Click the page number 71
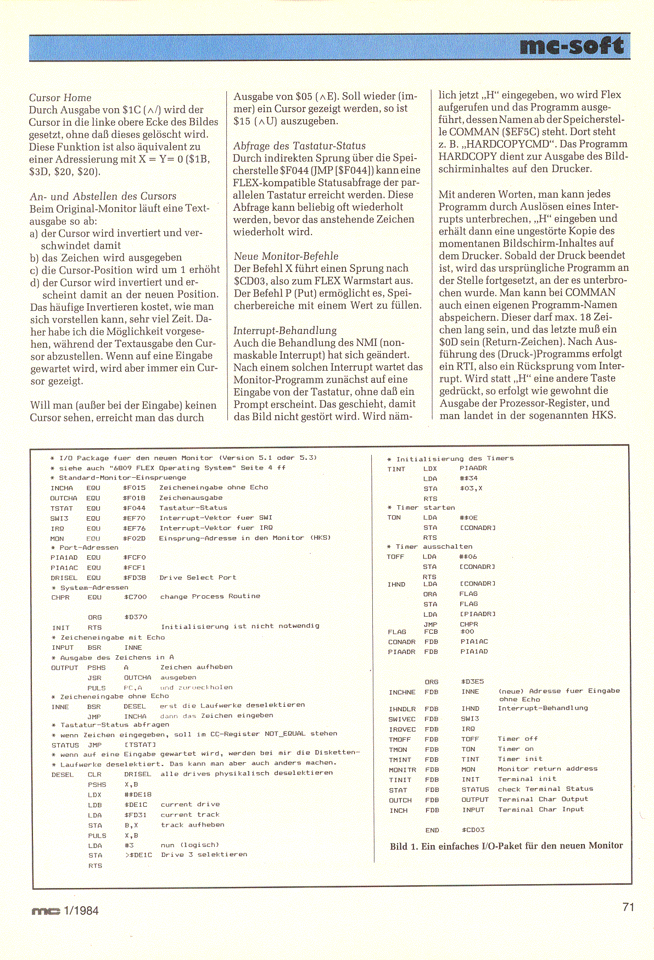pos(628,907)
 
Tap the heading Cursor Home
pos(60,98)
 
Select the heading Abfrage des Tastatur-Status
pos(299,146)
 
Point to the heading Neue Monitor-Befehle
pos(286,256)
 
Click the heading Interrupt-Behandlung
pos(285,330)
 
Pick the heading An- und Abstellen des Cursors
pos(103,196)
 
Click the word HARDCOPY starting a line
pos(468,156)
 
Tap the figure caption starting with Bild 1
pos(506,846)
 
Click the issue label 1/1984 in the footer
pos(81,911)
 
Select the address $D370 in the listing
pos(136,617)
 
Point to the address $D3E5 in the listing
pos(473,682)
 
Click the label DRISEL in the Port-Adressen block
pos(64,578)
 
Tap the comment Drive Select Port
pos(198,577)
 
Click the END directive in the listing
pos(432,830)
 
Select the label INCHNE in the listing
pos(402,692)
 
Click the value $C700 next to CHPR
pos(136,597)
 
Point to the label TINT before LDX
pos(396,469)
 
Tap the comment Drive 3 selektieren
pos(204,855)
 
